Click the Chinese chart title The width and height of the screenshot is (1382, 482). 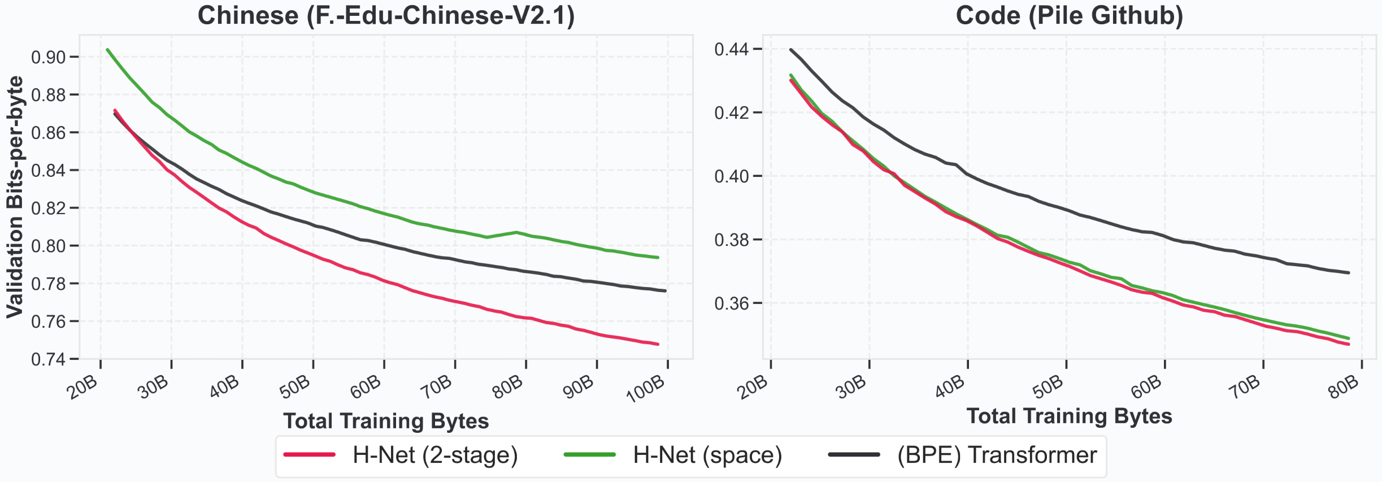(386, 16)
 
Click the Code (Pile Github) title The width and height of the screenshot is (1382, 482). (1069, 16)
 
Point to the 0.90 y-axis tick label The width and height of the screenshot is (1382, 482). (48, 57)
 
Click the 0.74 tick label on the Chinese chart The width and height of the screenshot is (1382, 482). (48, 359)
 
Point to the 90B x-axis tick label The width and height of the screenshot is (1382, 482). (578, 387)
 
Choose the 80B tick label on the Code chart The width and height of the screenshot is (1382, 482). (1343, 387)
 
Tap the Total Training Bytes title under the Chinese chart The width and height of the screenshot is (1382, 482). (386, 422)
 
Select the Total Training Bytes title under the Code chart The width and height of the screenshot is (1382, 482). (1069, 416)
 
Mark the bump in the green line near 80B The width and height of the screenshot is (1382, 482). (516, 232)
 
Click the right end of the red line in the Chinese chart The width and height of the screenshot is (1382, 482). (658, 344)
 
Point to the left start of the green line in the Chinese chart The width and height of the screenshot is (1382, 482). (107, 50)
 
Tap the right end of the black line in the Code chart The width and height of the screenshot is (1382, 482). (1349, 273)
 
